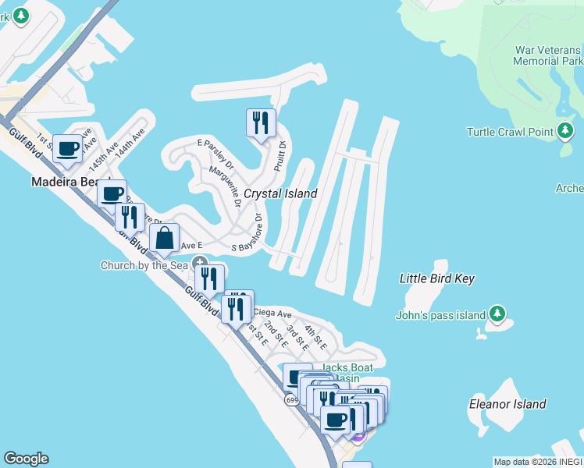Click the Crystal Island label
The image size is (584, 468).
tap(280, 193)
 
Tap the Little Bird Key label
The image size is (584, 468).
tap(436, 278)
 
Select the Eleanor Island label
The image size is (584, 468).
tap(507, 404)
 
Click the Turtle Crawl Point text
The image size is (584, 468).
tap(510, 131)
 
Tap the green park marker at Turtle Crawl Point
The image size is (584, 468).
tap(567, 130)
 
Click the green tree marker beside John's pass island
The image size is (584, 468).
tap(497, 315)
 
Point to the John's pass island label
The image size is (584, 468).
tap(441, 315)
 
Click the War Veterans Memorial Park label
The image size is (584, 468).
tap(549, 55)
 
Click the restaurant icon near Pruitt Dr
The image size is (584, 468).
tap(261, 122)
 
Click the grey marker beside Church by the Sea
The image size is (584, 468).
tap(201, 264)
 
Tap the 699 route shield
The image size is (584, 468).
tap(291, 400)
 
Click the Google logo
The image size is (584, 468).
tap(26, 459)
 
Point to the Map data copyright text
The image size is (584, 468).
tap(538, 462)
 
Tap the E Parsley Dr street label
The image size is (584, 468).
tap(215, 154)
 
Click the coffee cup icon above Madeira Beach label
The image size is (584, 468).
tap(68, 148)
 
